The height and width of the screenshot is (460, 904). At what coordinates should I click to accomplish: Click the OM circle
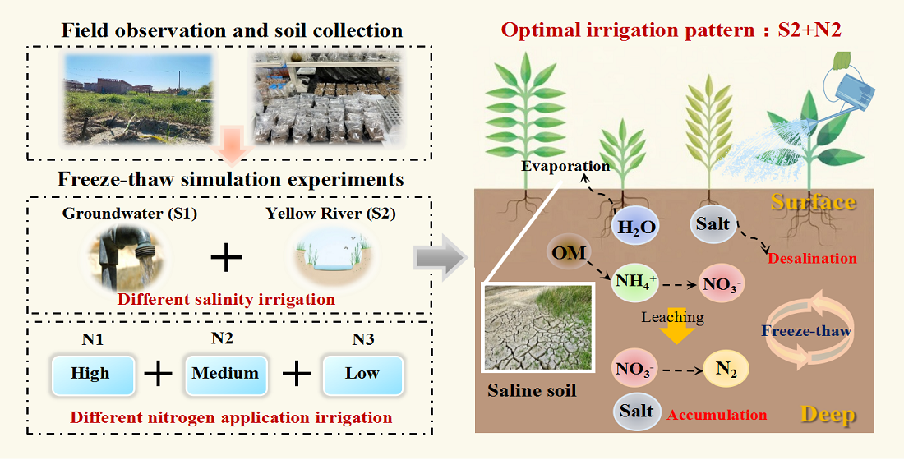pyautogui.click(x=566, y=254)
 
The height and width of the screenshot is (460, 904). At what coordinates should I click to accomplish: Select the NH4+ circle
pyautogui.click(x=634, y=282)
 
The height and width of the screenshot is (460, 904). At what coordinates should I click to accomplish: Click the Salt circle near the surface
pyautogui.click(x=712, y=224)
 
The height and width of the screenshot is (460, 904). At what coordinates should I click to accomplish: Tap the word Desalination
pyautogui.click(x=812, y=258)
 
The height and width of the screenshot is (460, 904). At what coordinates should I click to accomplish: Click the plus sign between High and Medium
pyautogui.click(x=158, y=375)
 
